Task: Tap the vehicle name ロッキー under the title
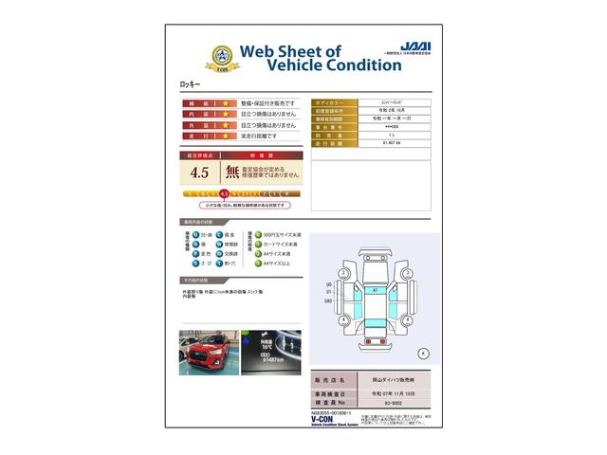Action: tap(191, 85)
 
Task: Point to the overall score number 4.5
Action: tap(199, 173)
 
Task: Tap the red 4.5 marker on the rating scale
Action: tap(224, 193)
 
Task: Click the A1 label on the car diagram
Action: tap(376, 289)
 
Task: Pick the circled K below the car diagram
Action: tap(422, 353)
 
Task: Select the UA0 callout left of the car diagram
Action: tap(329, 300)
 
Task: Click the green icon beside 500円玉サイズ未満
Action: tap(252, 233)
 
